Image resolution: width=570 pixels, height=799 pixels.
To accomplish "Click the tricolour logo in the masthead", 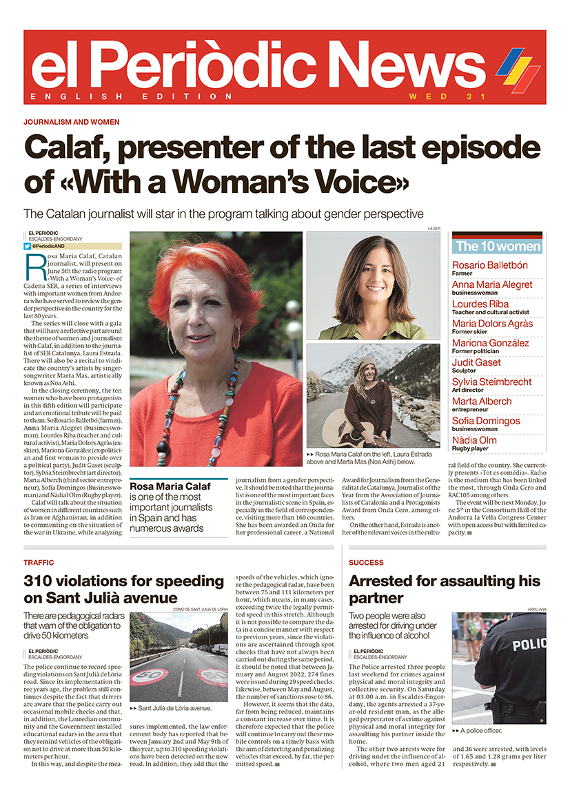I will tap(518, 70).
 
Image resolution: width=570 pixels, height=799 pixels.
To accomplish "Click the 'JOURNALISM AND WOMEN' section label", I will tap(71, 122).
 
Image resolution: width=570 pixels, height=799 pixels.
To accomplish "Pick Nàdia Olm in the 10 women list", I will tap(474, 440).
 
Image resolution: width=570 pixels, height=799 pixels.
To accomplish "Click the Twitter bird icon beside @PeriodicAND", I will tap(27, 246).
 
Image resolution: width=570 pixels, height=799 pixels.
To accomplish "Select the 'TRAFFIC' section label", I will tap(39, 563).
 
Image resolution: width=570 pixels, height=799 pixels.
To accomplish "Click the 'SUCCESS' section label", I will tap(366, 563).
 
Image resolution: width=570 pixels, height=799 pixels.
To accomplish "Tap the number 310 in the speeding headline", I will tap(41, 580).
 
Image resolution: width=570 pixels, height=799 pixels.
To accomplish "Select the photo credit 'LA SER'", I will tap(434, 227).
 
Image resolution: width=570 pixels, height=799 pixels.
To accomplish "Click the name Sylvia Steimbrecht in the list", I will tap(492, 382).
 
